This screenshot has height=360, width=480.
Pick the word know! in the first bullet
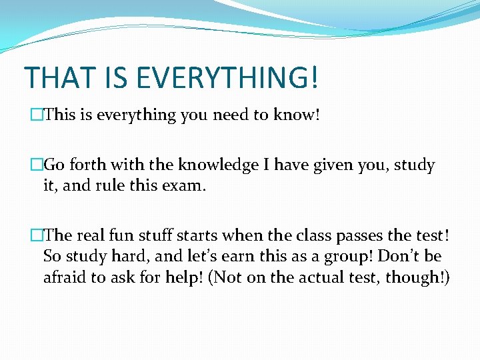297,115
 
